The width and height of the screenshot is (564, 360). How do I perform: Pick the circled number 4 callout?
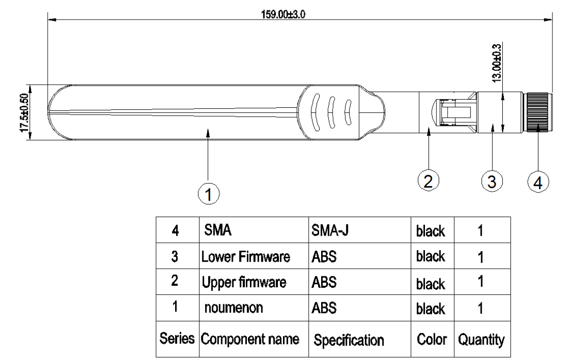537,182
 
